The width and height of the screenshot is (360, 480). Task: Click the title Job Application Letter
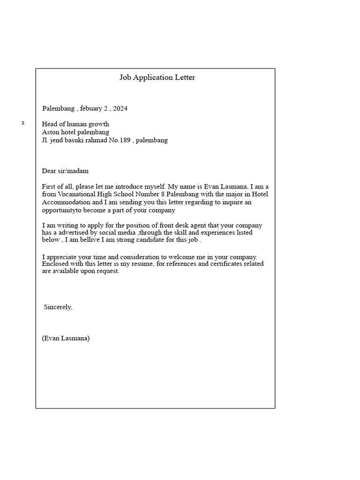click(x=157, y=78)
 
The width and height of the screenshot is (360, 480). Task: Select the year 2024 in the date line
click(x=120, y=109)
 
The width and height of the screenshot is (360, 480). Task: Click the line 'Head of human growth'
click(x=75, y=124)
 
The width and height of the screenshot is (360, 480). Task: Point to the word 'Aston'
click(x=50, y=132)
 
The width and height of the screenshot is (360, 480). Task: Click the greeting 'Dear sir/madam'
click(x=65, y=171)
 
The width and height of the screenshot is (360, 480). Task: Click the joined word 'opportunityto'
click(x=61, y=210)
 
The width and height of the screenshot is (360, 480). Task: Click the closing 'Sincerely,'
click(x=58, y=307)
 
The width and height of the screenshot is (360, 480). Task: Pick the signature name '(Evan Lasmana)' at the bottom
click(x=66, y=338)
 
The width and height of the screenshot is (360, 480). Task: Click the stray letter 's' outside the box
click(x=23, y=123)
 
